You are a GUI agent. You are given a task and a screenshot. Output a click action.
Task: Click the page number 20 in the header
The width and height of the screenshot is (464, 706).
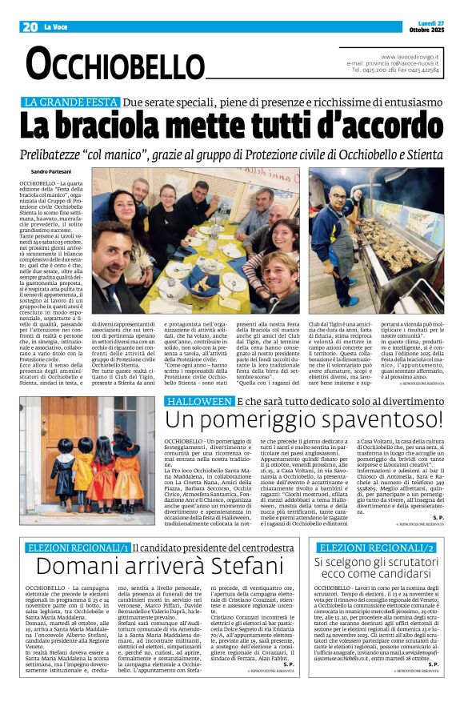[x=30, y=26]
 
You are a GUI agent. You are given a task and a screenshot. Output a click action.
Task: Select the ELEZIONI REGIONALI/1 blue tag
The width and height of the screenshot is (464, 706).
[x=78, y=548]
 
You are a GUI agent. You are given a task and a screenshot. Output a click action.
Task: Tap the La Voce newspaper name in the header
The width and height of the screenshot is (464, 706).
[x=56, y=27]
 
